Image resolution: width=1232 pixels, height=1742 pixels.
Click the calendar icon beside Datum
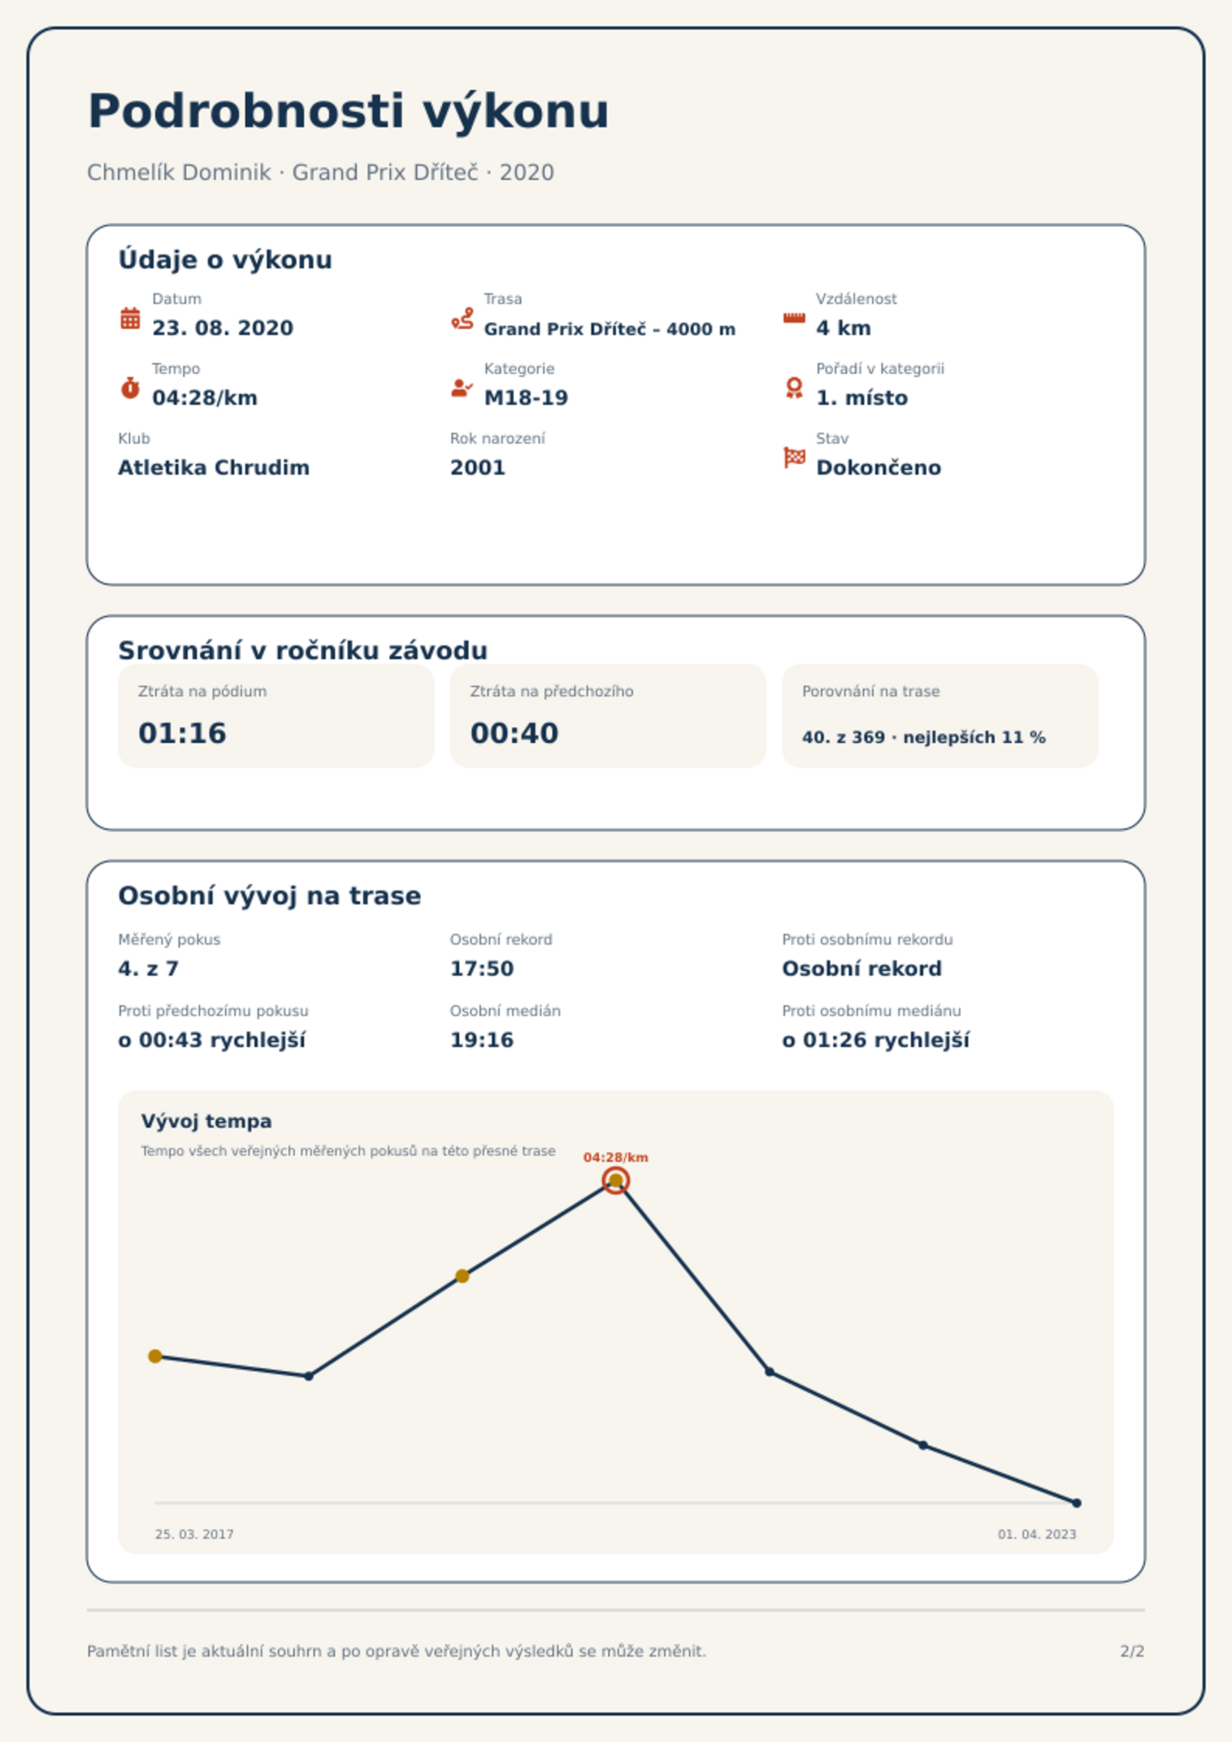[130, 318]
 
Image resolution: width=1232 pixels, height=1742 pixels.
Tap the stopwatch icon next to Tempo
[130, 388]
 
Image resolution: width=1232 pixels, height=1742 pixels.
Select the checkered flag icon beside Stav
[794, 458]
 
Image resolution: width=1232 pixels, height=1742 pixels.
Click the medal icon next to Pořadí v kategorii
[794, 388]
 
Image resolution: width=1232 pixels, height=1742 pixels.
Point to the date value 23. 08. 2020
[223, 328]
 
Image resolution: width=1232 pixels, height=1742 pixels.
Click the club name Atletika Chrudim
[213, 468]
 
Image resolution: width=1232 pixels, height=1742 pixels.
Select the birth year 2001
[478, 468]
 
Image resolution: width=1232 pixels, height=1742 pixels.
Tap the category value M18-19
[526, 398]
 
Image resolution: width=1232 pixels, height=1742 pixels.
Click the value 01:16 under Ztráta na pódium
[182, 733]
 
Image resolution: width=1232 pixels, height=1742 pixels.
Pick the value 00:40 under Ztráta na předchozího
[514, 733]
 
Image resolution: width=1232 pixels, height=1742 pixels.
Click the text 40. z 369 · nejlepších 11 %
[924, 737]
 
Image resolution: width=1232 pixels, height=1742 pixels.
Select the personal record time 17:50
[482, 969]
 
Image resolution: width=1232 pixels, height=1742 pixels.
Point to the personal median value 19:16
[482, 1040]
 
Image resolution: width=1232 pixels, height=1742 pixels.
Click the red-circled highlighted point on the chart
[616, 1180]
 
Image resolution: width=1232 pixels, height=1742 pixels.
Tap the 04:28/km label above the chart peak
[616, 1157]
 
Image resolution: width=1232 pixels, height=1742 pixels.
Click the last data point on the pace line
[1077, 1503]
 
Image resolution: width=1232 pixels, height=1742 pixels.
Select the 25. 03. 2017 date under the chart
[194, 1534]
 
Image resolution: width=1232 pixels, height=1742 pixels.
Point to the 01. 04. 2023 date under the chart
[1037, 1534]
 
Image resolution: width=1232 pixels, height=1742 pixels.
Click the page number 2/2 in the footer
[1133, 1651]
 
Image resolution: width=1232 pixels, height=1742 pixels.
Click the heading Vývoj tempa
[206, 1122]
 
